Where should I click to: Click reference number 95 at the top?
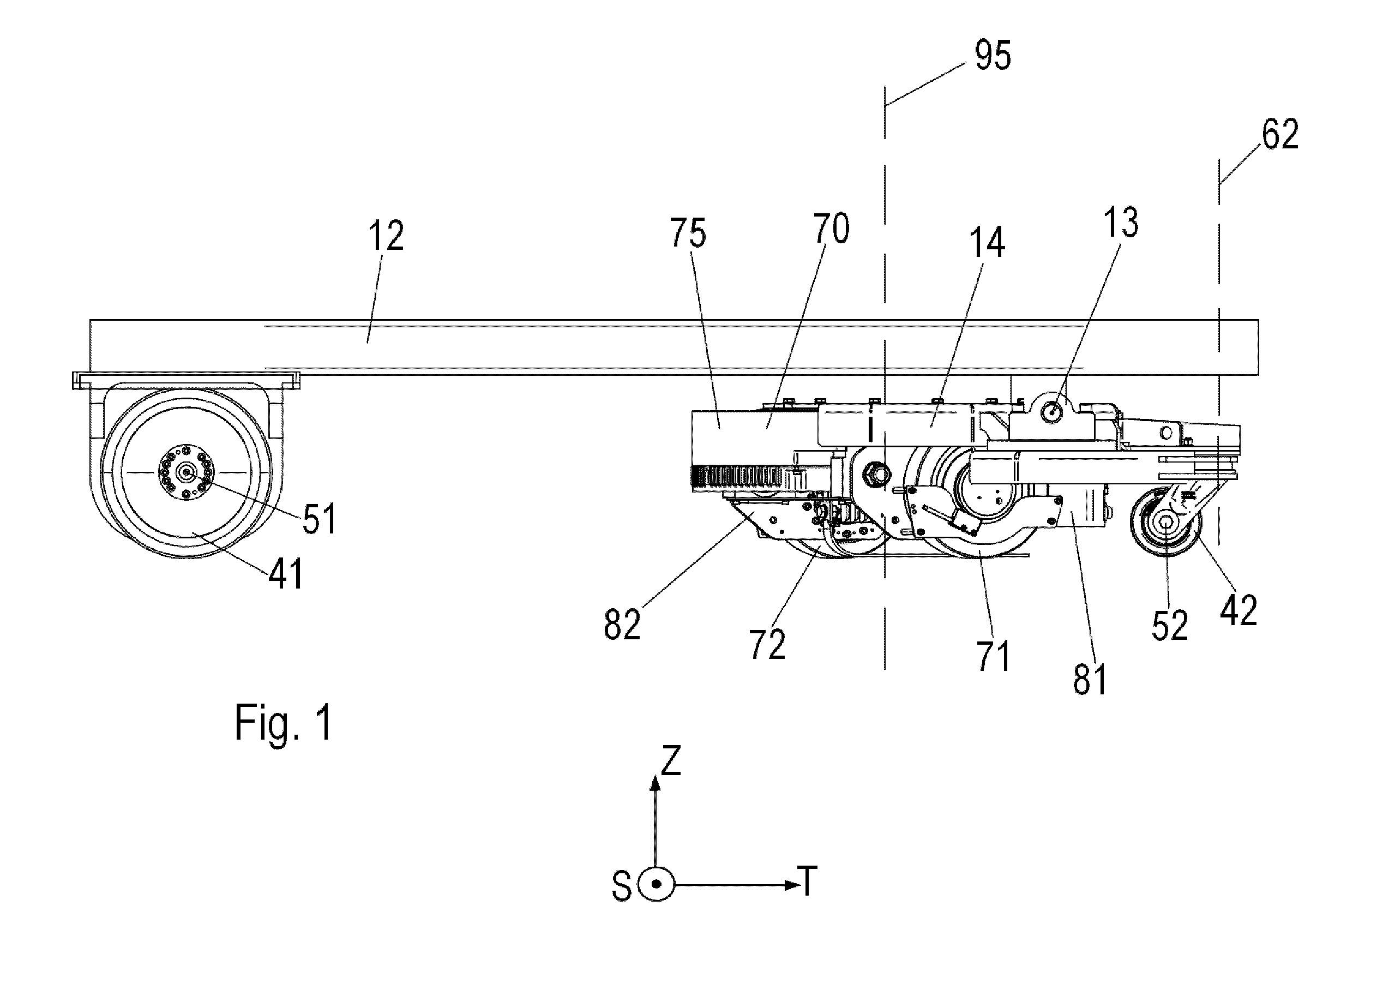coord(993,56)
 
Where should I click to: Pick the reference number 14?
coord(987,242)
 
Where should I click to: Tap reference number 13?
coord(1120,223)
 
